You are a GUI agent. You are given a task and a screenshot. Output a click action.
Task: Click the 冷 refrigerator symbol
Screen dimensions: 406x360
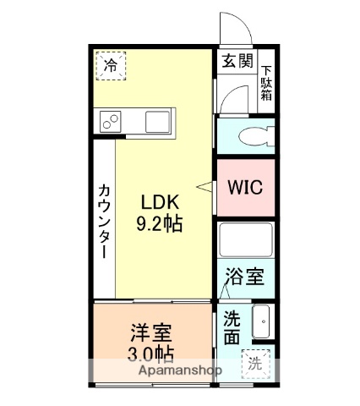[x=112, y=64]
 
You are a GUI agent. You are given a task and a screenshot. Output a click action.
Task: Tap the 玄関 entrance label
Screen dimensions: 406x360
[x=237, y=61]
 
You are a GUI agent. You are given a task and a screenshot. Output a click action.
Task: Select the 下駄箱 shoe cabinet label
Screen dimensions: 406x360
[x=266, y=83]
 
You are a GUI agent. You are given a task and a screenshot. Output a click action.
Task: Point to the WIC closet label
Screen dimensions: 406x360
[x=245, y=187]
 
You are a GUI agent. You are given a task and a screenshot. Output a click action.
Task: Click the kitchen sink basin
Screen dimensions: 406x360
[x=157, y=121]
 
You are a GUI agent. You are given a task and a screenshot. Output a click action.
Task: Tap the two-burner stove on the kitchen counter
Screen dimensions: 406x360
[x=112, y=121]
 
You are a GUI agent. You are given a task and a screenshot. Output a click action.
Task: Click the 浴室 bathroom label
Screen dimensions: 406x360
[x=245, y=277]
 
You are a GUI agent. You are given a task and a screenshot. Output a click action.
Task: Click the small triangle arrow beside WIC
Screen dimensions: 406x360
[x=202, y=185]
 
